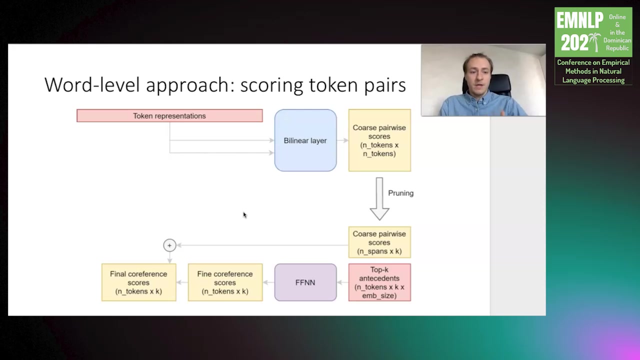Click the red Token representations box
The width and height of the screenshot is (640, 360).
tap(169, 116)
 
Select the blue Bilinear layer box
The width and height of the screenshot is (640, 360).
tap(305, 140)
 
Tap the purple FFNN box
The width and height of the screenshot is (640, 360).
tap(305, 282)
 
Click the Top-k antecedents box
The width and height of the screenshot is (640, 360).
tap(379, 282)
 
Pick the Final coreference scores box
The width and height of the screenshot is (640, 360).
tap(138, 282)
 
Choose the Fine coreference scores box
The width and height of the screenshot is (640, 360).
tap(225, 282)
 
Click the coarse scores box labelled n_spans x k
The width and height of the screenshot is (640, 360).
tap(379, 242)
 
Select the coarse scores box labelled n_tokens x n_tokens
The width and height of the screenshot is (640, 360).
tap(379, 140)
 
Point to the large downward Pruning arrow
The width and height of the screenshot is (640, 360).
tap(379, 198)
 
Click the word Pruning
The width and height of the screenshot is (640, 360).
tap(400, 193)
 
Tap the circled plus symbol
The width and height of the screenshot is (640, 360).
tap(169, 245)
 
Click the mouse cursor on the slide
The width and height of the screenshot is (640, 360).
tap(244, 215)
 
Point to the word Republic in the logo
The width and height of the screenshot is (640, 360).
tap(617, 48)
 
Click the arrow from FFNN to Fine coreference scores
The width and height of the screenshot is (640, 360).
tap(268, 282)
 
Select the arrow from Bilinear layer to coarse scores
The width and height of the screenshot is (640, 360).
tap(342, 140)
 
